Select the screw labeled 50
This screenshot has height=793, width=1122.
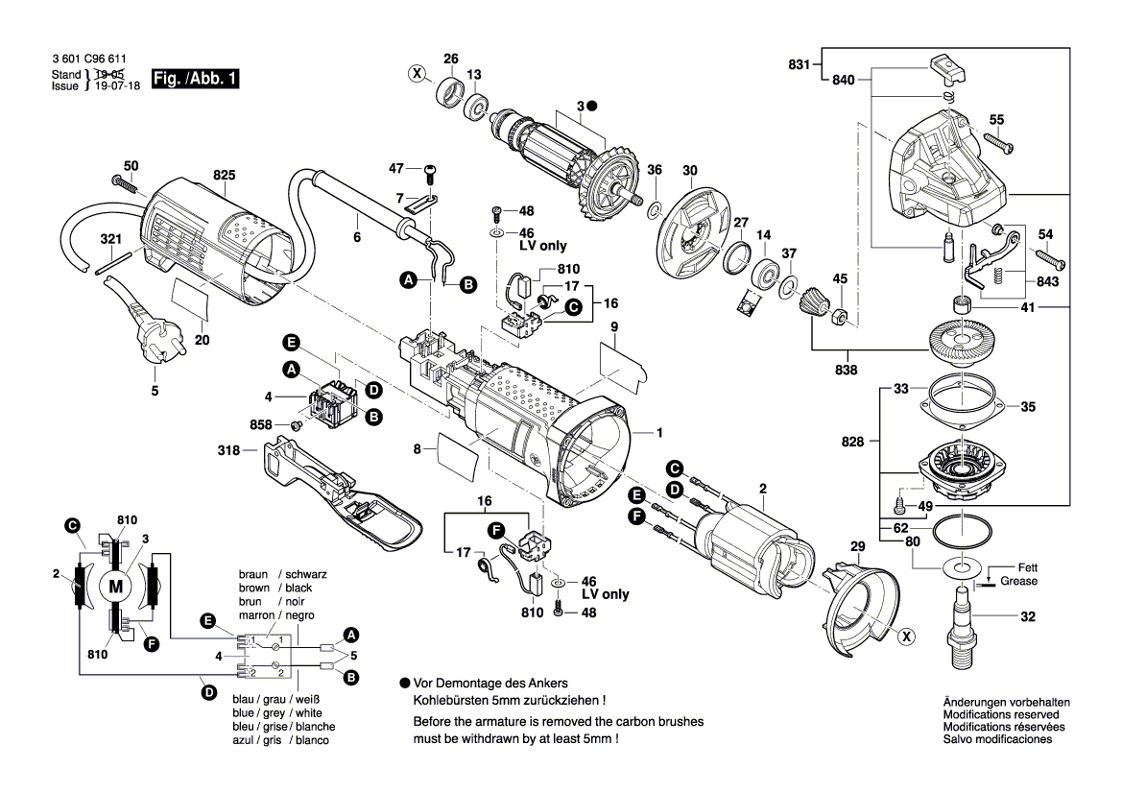[x=124, y=181]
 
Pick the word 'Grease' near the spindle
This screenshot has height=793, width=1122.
[x=1017, y=581]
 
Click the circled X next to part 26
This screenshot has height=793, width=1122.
[x=417, y=72]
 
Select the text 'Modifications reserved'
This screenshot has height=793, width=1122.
[x=1001, y=714]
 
